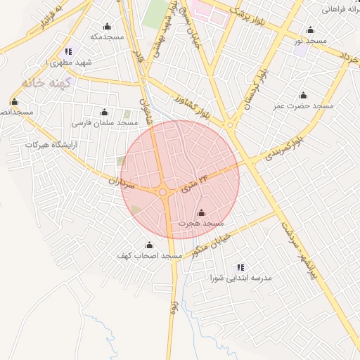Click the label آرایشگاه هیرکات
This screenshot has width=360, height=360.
click(50, 144)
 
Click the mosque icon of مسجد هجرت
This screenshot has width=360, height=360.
click(201, 212)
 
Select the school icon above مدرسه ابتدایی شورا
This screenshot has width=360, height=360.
click(240, 267)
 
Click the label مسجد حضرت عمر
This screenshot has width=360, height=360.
click(303, 105)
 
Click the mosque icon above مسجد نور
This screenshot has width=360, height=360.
click(310, 30)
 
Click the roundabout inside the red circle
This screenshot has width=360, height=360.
click(163, 192)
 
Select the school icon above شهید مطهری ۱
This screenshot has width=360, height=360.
click(68, 51)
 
